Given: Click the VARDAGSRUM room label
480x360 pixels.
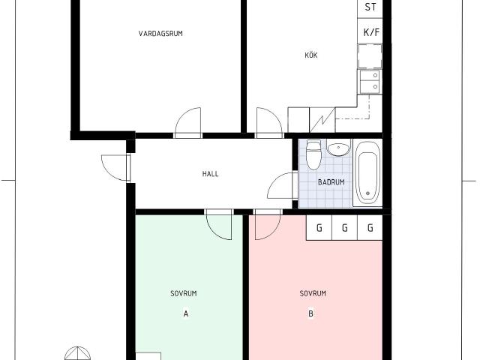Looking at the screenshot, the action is pos(160,33).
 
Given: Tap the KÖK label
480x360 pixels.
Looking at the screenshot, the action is pos(311,55).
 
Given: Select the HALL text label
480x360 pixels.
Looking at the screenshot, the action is pos(210,174).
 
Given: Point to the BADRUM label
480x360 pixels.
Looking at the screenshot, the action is pos(331,182).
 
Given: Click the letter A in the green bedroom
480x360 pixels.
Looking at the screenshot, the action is pos(186,313).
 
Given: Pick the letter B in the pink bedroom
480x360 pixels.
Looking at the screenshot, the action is pos(310,313).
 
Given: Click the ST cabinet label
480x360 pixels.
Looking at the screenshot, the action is pos(370,7).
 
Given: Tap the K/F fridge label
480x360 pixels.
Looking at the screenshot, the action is pos(371,31).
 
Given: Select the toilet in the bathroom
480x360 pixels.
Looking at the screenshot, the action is pos(313,154).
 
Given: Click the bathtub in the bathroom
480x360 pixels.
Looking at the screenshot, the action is pos(367,173).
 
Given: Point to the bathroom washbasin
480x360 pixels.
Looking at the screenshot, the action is pos(338,148).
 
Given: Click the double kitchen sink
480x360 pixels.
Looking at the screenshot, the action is pos(370,82).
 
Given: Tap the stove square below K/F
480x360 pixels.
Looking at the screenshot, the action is pos(370,56).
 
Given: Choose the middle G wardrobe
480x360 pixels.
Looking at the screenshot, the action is pos(345,227).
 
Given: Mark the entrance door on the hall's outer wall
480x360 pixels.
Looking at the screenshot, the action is pos(115,168).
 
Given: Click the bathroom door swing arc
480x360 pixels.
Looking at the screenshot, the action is pos(280,185).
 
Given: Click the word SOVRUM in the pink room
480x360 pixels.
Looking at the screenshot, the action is pos(313,293).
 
